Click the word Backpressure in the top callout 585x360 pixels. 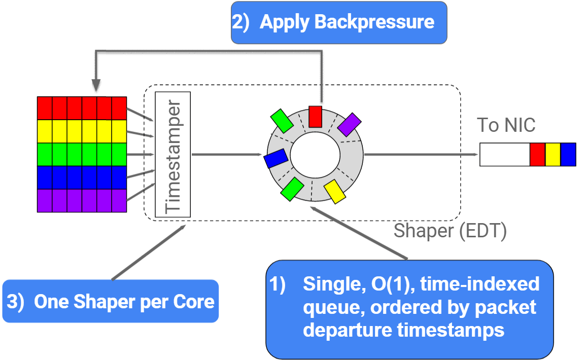click(x=374, y=22)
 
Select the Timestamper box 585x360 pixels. click(x=173, y=154)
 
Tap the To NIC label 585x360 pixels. click(x=506, y=125)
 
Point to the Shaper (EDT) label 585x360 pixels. click(x=450, y=231)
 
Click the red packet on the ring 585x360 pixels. click(x=316, y=116)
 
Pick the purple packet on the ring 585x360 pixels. click(x=349, y=125)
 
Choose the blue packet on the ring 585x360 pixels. click(x=276, y=159)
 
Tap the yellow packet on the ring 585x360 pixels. click(x=335, y=191)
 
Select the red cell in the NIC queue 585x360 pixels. click(x=537, y=154)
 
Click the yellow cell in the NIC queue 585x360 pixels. click(x=553, y=154)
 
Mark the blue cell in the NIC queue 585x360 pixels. click(x=568, y=154)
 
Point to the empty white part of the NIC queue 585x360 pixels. click(x=504, y=154)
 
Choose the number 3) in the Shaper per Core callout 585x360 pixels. click(x=15, y=302)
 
